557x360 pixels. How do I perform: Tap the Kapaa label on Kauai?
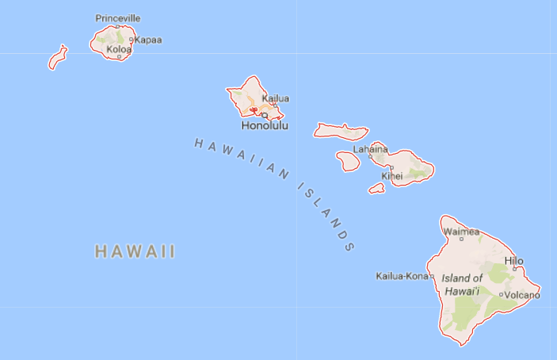[x=148, y=40]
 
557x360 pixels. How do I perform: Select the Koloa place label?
[x=119, y=48]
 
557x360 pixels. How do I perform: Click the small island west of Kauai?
[x=57, y=58]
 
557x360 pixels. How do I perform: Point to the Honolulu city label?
[x=265, y=125]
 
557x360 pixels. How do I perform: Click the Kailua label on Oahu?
[x=275, y=98]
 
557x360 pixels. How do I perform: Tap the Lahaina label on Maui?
[x=371, y=148]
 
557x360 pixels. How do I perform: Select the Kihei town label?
[x=392, y=175]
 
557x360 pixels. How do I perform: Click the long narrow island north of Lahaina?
[x=341, y=130]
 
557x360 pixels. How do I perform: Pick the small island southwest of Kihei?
[x=377, y=189]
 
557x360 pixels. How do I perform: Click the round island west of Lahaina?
[x=348, y=160]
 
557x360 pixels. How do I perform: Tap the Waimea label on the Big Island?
[x=461, y=232]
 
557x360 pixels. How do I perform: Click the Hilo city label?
[x=513, y=261]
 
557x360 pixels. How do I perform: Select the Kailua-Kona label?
[x=402, y=276]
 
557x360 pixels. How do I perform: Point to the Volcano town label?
[x=522, y=295]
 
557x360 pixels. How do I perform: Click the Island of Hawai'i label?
[x=462, y=284]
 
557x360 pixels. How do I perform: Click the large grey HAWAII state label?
[x=135, y=252]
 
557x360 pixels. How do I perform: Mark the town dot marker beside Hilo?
[x=514, y=269]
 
